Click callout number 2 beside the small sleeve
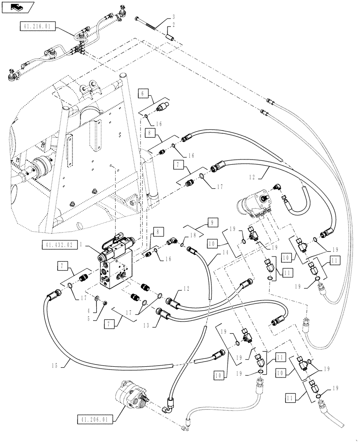[x=173, y=26]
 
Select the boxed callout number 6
[x=143, y=93]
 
